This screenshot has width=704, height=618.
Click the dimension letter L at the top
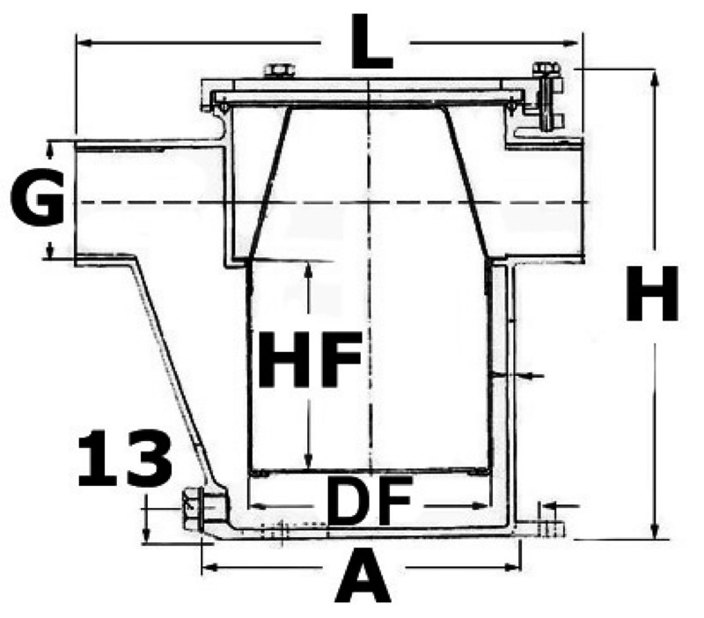370,41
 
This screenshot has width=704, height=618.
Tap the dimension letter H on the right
651,295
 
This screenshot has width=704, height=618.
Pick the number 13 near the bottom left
123,460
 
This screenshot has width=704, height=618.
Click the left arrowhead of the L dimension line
81,40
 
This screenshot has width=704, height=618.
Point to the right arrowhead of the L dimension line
578,40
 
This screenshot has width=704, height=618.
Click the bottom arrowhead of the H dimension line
654,533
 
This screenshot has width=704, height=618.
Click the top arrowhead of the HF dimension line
308,269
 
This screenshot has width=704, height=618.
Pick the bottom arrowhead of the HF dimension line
308,464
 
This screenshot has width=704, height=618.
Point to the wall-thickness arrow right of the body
528,377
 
